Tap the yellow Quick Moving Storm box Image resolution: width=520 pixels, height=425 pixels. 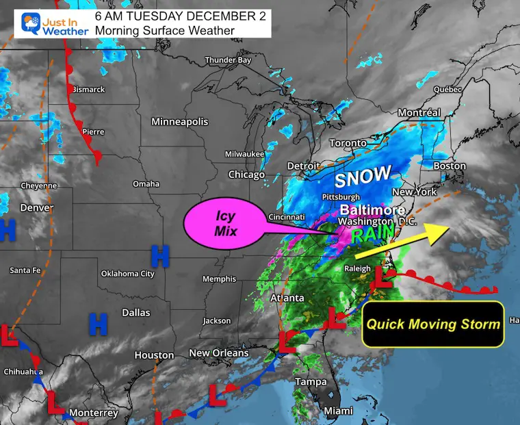click(433, 324)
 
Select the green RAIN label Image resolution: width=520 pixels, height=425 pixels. click(373, 234)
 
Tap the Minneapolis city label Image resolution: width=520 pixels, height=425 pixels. click(179, 122)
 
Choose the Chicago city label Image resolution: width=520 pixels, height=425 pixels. click(246, 175)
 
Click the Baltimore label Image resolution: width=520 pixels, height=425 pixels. click(372, 209)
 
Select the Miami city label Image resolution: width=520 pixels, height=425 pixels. click(339, 411)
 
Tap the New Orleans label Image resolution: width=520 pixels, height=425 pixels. click(219, 353)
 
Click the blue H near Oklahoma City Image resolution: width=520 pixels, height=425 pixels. click(160, 257)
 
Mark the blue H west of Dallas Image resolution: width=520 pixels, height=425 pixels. click(99, 324)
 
